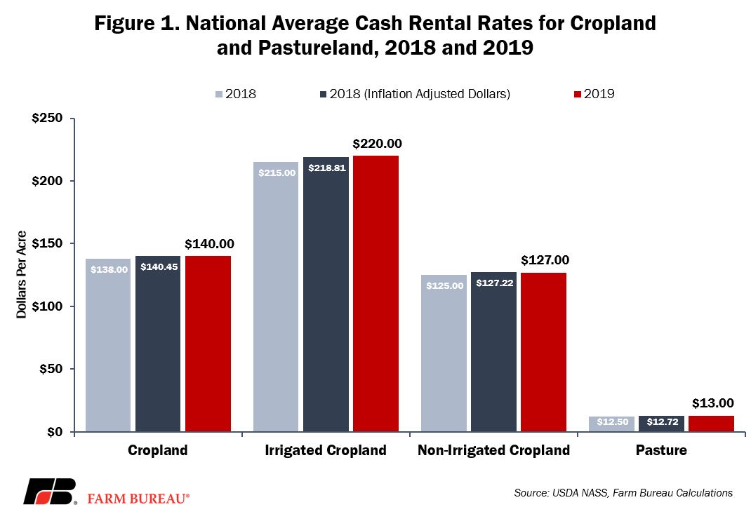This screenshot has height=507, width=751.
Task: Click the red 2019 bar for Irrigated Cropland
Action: [376, 294]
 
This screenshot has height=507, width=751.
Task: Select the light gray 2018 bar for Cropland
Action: [108, 345]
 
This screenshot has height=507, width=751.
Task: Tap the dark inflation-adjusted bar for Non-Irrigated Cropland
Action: [494, 352]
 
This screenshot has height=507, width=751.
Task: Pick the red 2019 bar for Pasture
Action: [711, 424]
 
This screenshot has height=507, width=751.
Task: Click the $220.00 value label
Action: [378, 144]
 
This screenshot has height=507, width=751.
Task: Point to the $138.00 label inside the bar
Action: [109, 269]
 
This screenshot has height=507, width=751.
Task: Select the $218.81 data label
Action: [327, 168]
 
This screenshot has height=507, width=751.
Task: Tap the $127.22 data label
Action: [495, 283]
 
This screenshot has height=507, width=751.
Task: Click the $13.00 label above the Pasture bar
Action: [712, 403]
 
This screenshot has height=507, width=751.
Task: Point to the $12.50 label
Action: [613, 421]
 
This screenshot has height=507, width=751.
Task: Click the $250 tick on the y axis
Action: [48, 118]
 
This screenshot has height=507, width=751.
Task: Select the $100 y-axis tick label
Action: [48, 306]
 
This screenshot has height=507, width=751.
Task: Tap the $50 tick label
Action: [51, 369]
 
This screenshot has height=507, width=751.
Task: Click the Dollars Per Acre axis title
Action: [21, 274]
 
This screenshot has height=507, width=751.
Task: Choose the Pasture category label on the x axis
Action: [661, 450]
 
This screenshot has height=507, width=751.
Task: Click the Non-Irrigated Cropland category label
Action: [494, 450]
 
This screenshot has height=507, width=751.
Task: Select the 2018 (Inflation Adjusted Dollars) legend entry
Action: [416, 94]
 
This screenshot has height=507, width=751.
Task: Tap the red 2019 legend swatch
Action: [578, 94]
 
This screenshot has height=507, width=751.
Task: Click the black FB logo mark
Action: [51, 491]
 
